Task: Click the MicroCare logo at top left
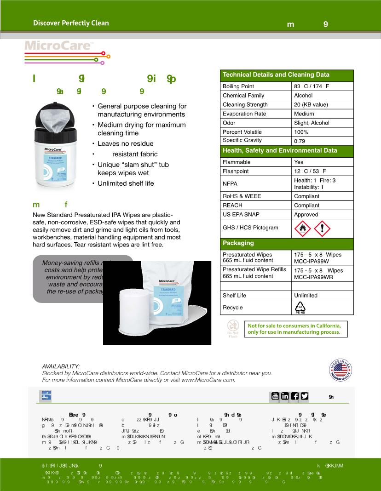[59, 46]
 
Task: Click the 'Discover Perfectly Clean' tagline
[71, 23]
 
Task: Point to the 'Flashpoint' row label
[236, 171]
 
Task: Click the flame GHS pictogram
[302, 228]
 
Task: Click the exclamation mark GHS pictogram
[322, 228]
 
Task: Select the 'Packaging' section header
[238, 243]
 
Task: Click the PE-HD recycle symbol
[300, 308]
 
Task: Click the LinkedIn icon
[285, 396]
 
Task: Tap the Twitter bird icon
[304, 396]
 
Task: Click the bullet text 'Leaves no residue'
[125, 143]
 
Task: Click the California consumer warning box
[294, 329]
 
